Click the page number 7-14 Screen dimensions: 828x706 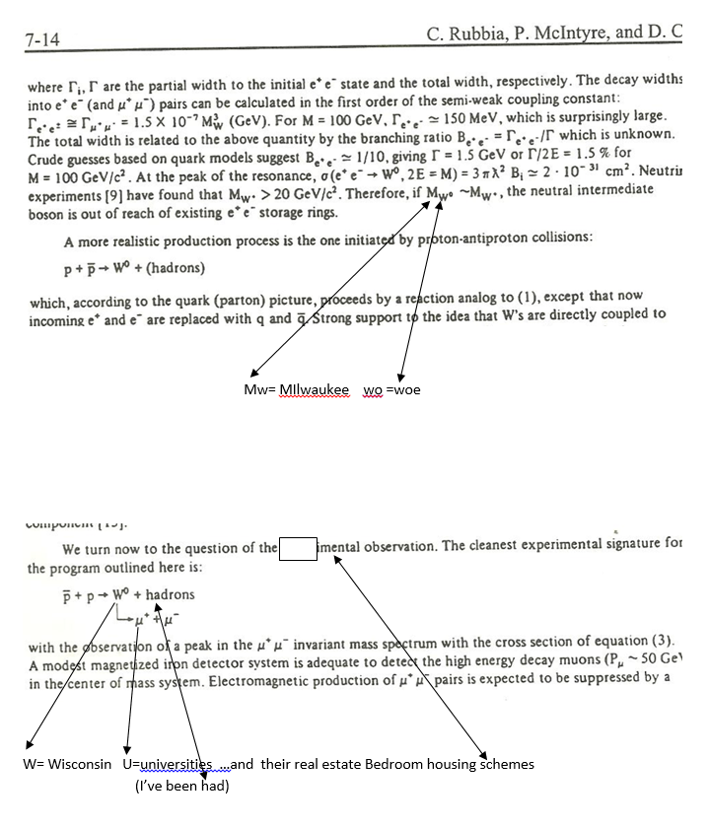click(x=45, y=40)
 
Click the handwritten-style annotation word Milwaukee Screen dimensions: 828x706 click(x=315, y=389)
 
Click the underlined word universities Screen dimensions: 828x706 click(x=176, y=764)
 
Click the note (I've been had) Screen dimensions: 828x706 click(x=182, y=786)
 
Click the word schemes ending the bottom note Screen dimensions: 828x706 click(x=505, y=764)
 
